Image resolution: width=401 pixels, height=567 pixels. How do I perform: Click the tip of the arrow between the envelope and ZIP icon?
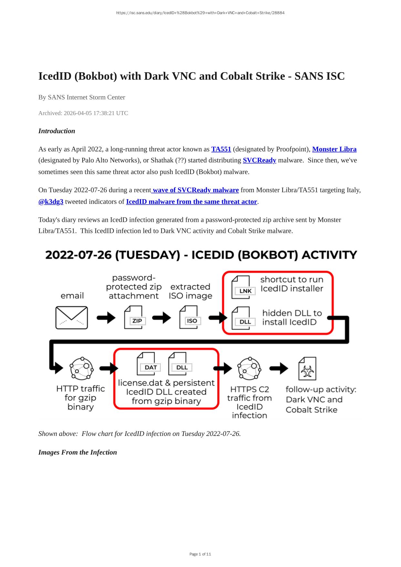tap(116, 318)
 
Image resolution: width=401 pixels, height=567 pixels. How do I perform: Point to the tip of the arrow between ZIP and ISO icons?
tap(171, 318)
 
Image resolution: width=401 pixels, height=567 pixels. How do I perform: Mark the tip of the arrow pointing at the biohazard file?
tap(288, 368)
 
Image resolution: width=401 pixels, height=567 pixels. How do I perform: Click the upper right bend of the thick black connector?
tap(347, 317)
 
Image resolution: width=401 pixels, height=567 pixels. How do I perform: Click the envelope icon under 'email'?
tap(72, 318)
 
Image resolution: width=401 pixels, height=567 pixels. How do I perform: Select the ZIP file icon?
tap(135, 317)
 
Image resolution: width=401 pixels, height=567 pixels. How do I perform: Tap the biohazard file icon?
tap(307, 369)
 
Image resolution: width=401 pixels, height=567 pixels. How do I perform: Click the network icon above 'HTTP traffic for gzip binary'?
tap(82, 368)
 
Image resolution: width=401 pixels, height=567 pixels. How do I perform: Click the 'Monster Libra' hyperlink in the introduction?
tap(334, 149)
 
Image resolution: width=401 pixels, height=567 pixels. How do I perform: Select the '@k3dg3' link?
tap(51, 202)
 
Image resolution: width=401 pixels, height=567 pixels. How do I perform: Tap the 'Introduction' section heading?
tap(57, 131)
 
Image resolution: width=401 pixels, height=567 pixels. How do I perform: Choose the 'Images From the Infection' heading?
tap(77, 452)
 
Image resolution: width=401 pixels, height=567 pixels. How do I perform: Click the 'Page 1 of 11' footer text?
tap(200, 554)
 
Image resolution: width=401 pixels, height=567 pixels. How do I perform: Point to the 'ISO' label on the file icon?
tap(192, 321)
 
